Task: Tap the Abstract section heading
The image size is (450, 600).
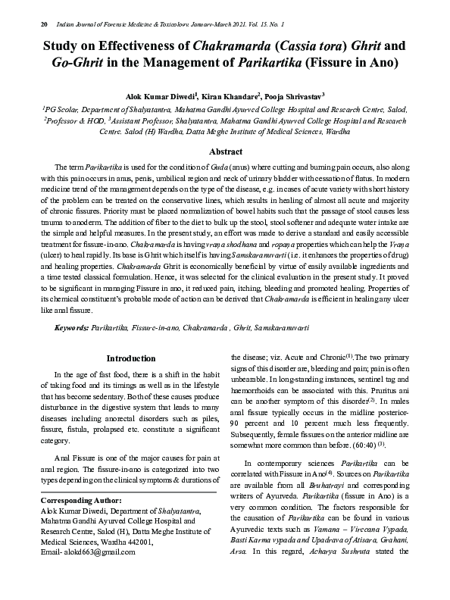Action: point(225,152)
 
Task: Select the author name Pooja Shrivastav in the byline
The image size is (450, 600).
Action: point(290,97)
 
